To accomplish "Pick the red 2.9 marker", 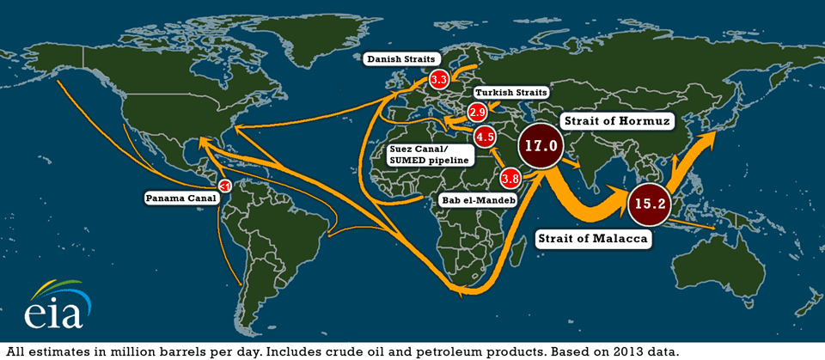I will tap(478, 112).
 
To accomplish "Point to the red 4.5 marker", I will tap(485, 137).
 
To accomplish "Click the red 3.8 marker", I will tap(510, 179).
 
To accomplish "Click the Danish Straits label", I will tap(401, 59).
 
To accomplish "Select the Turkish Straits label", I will tap(511, 92).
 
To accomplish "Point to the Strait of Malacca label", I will tap(591, 239).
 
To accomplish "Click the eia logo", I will tap(54, 305).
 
